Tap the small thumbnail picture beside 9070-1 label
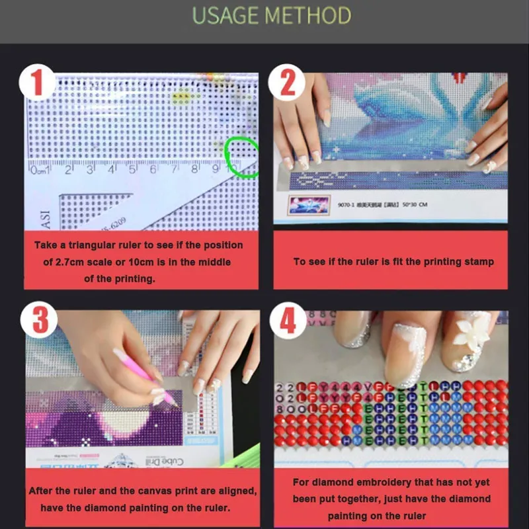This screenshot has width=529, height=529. [307, 204]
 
